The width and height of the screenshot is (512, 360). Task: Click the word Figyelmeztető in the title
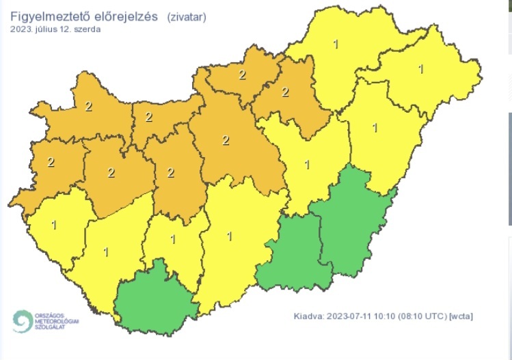46,16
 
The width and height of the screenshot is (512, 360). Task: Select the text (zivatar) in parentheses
184,17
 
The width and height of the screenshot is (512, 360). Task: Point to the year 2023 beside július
21,29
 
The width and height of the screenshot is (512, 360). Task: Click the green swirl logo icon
21,321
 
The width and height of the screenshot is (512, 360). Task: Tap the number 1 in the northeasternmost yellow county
420,69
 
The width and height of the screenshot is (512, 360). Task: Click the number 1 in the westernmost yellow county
54,225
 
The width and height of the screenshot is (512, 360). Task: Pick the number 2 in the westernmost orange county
50,163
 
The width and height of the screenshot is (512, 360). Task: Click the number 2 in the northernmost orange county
241,74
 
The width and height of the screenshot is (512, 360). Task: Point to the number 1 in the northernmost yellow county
335,45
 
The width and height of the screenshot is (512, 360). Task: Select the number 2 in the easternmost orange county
285,92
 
